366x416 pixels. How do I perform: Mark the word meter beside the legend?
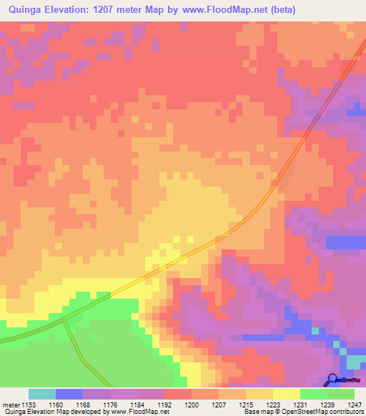click(9, 405)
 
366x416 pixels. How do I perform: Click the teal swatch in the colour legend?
click(42, 395)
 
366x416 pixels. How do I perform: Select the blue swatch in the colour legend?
click(69, 395)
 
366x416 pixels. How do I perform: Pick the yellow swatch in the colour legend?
click(286, 395)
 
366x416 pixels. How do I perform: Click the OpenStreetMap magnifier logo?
click(331, 380)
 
